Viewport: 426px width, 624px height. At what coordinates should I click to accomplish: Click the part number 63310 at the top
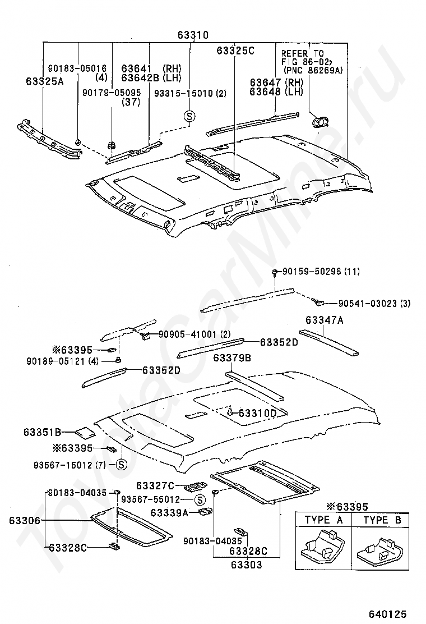pyautogui.click(x=193, y=35)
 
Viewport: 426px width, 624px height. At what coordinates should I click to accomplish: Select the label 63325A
pyautogui.click(x=44, y=81)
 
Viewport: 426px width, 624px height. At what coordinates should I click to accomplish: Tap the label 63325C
pyautogui.click(x=235, y=51)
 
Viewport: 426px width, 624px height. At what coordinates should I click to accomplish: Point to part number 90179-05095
pyautogui.click(x=111, y=91)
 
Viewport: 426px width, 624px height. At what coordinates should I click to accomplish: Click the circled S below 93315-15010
pyautogui.click(x=189, y=116)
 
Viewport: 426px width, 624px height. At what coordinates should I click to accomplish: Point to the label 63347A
pyautogui.click(x=325, y=320)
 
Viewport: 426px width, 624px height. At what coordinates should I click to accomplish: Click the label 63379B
pyautogui.click(x=231, y=358)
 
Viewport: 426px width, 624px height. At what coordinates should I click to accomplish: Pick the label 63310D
pyautogui.click(x=257, y=414)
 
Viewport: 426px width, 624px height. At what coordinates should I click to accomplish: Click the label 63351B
pyautogui.click(x=42, y=432)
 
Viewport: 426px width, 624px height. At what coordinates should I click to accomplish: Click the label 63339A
pyautogui.click(x=169, y=512)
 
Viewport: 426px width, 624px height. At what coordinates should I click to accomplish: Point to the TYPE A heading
pyautogui.click(x=324, y=520)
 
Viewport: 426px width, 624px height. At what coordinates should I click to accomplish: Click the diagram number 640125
pyautogui.click(x=387, y=614)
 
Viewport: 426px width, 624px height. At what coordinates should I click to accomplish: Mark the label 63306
pyautogui.click(x=24, y=521)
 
